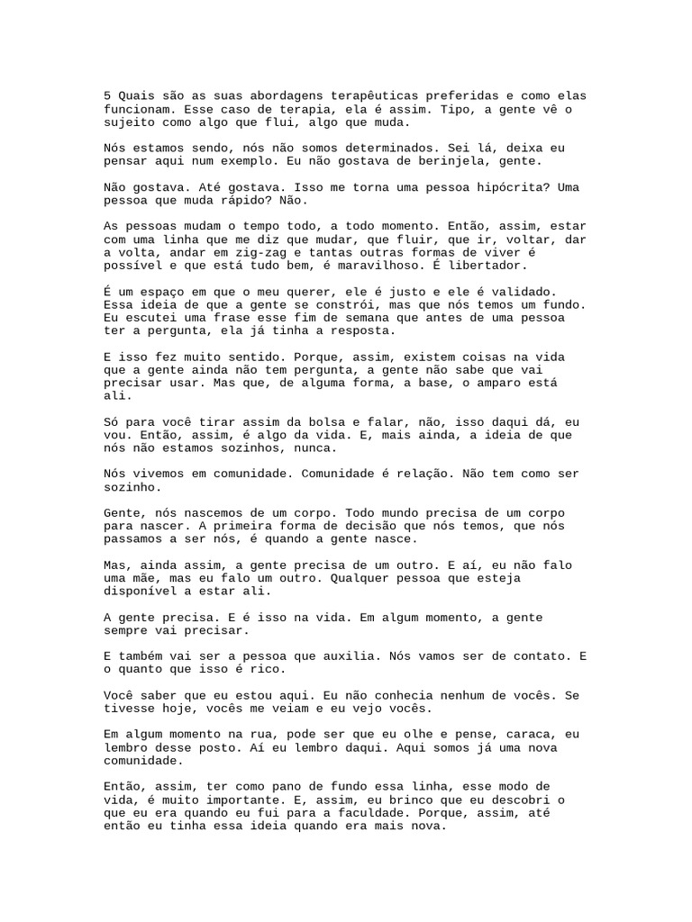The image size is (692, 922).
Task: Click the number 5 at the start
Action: [107, 95]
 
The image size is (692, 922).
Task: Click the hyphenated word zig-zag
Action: [251, 253]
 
